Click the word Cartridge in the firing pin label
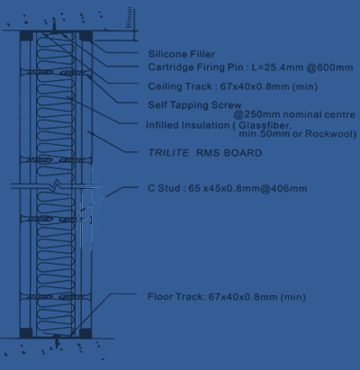pyautogui.click(x=166, y=67)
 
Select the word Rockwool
pyautogui.click(x=332, y=134)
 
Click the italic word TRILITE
pyautogui.click(x=168, y=154)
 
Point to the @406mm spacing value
pyautogui.click(x=285, y=189)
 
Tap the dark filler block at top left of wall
pyautogui.click(x=26, y=38)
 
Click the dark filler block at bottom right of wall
pyautogui.click(x=86, y=332)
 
